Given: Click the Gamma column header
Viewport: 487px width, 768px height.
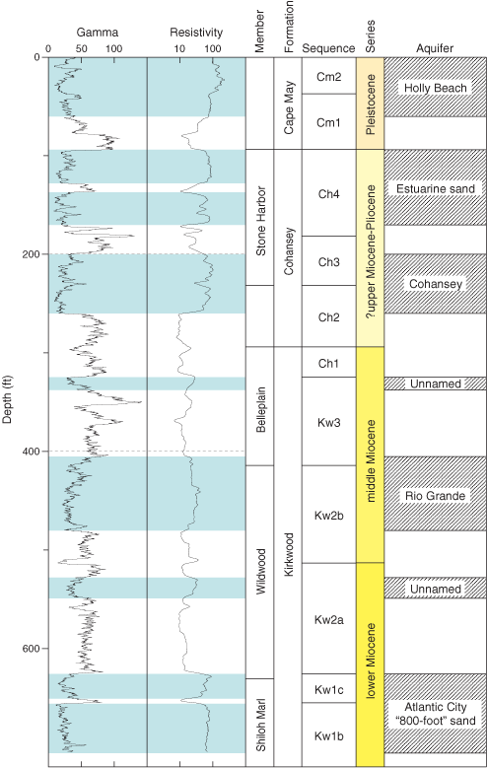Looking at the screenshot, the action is point(97,33).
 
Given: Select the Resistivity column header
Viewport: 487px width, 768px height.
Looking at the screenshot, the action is point(196,33).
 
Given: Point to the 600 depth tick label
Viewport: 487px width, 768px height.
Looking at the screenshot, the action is point(31,648).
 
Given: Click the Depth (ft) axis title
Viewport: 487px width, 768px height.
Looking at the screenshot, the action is point(8,399).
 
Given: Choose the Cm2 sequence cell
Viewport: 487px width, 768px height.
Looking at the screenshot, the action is point(328,77).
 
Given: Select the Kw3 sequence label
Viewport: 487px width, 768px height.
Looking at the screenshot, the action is point(328,422).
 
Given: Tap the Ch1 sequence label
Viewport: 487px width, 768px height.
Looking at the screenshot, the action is point(328,364).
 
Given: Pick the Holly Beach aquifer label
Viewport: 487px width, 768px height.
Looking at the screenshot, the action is point(435,88).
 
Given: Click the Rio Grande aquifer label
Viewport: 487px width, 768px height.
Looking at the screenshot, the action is point(435,496).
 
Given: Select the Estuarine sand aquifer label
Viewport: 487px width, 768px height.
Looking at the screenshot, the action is point(436,189).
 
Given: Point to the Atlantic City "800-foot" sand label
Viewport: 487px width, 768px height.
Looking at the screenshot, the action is point(435,714).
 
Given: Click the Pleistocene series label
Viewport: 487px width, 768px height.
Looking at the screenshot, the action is point(371,104).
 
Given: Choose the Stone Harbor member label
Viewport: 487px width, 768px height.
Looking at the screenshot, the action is point(260,221).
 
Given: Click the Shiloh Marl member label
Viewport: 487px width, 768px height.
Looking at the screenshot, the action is point(260,725).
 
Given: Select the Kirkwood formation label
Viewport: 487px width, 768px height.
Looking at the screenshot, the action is point(289,554).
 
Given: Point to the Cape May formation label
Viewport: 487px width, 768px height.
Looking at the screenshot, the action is point(289,107).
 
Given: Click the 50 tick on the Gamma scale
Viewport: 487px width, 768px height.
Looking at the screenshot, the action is point(81,48).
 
